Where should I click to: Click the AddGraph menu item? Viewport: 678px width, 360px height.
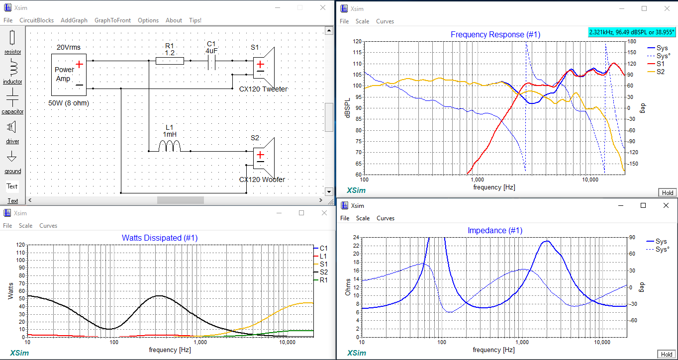[x=74, y=20]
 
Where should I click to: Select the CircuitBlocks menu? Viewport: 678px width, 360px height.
[x=36, y=20]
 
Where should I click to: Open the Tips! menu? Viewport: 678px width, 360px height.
[x=195, y=20]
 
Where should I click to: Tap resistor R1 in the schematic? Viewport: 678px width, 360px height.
[x=170, y=61]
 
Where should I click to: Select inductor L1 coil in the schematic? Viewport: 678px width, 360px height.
[x=169, y=146]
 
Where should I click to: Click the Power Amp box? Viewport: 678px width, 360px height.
[x=69, y=75]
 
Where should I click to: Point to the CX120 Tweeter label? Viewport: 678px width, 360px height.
[x=263, y=89]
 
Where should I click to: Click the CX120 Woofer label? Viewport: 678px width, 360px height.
[x=262, y=180]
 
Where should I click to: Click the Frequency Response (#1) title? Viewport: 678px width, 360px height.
[x=495, y=34]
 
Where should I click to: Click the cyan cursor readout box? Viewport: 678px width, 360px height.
[x=632, y=32]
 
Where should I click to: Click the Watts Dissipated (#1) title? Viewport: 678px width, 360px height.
[x=159, y=238]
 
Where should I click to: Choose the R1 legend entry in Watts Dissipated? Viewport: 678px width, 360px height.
[x=323, y=280]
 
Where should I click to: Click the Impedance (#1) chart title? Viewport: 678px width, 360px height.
[x=495, y=231]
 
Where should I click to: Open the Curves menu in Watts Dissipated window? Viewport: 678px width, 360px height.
[x=48, y=226]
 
